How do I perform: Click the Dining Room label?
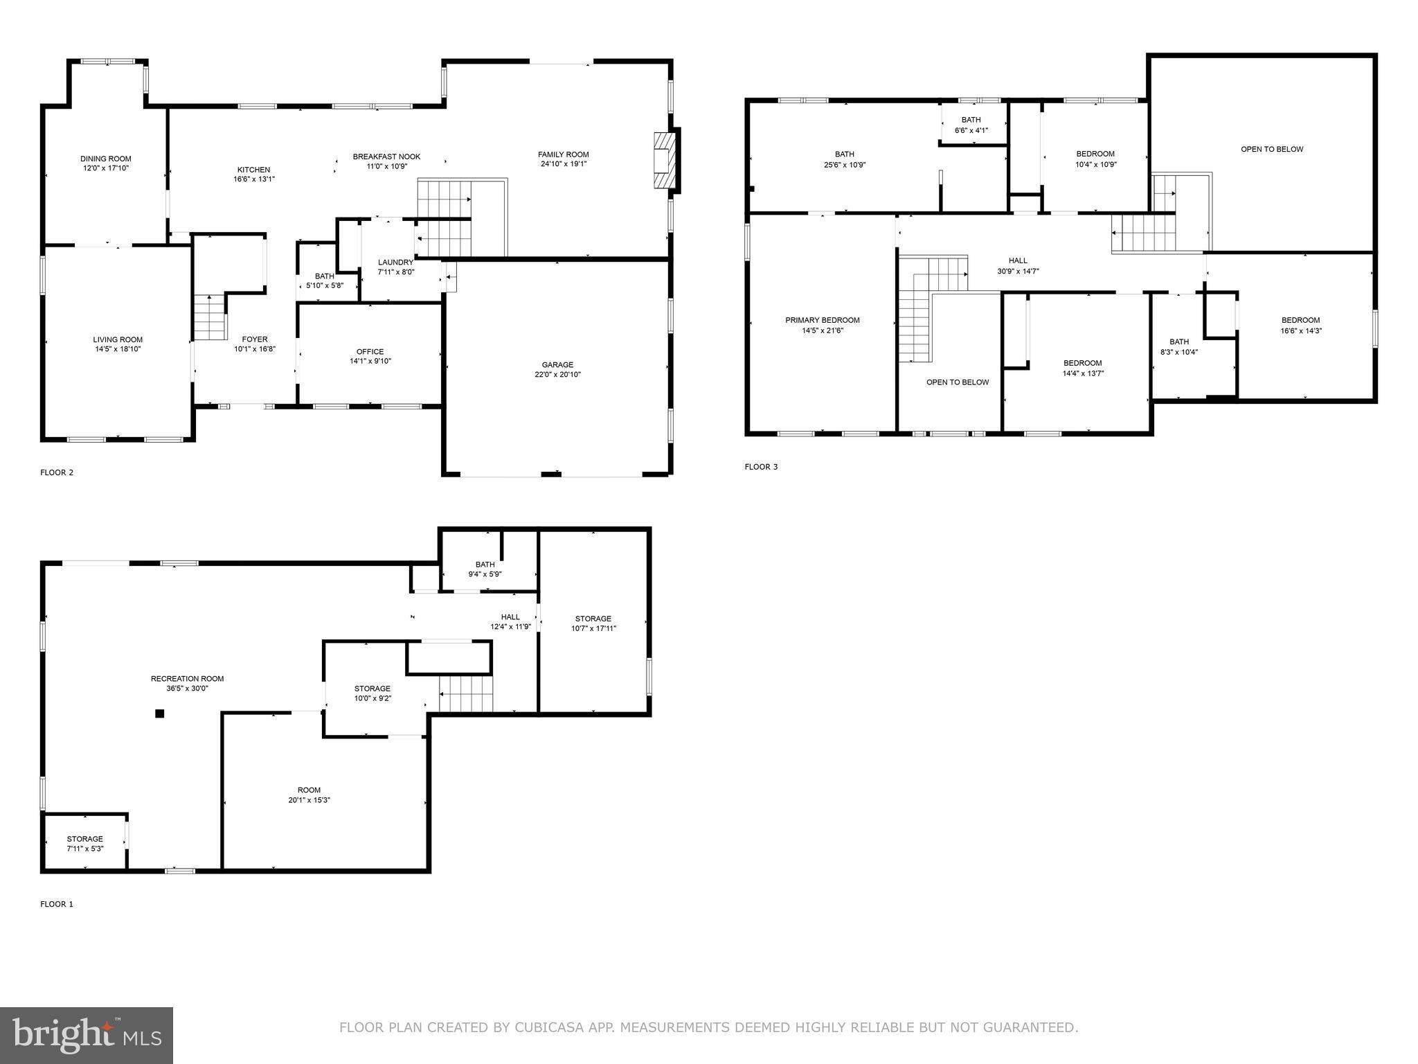click(105, 159)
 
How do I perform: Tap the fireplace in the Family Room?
click(663, 160)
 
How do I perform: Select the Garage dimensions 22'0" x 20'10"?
click(557, 375)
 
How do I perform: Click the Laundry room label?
click(395, 263)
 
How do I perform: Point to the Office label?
click(370, 352)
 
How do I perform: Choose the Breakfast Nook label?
click(386, 157)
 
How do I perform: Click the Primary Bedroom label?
click(822, 320)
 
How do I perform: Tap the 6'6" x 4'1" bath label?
click(971, 130)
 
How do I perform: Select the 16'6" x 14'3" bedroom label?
click(1300, 330)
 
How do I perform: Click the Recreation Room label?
click(187, 679)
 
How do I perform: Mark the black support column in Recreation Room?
click(159, 713)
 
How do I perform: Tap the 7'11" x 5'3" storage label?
click(85, 849)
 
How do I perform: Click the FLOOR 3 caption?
click(761, 467)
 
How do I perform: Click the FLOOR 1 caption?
click(57, 904)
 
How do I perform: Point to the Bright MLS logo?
click(87, 1036)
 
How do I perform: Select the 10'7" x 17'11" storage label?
click(593, 628)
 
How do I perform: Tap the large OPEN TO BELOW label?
click(1272, 149)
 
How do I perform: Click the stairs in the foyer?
click(209, 317)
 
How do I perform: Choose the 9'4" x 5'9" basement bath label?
click(485, 574)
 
